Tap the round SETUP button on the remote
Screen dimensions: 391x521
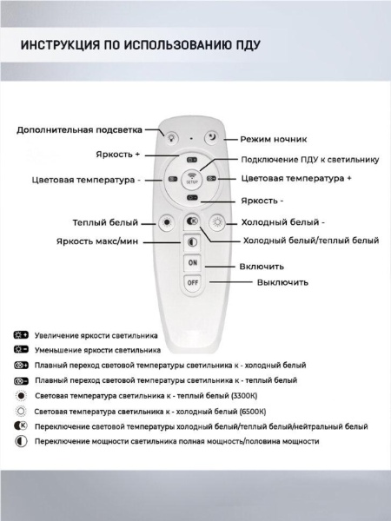(x=193, y=181)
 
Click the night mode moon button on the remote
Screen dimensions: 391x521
(x=212, y=135)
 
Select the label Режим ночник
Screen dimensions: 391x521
(x=274, y=139)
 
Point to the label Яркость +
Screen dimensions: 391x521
(x=117, y=154)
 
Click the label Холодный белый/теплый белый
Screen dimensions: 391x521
(x=310, y=240)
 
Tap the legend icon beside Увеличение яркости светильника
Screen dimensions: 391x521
(x=21, y=334)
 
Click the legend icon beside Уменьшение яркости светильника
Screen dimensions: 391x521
(x=21, y=349)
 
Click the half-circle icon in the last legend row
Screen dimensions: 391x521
(x=21, y=442)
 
